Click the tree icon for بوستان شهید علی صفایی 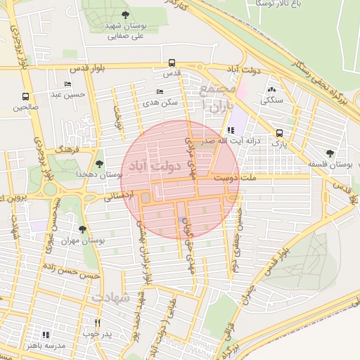pos(125,14)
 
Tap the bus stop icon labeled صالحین pos(26,97)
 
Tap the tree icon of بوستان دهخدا pos(98,163)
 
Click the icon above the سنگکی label pos(272,90)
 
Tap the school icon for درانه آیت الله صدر pos(231,130)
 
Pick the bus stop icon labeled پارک pos(280,133)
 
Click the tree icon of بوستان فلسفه pos(330,153)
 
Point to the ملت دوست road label pos(259,179)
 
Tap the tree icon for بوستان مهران pos(83,229)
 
